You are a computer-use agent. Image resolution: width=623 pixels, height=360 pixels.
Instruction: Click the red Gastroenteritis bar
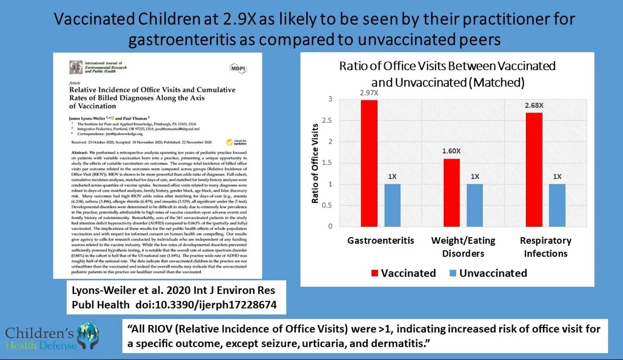(x=369, y=163)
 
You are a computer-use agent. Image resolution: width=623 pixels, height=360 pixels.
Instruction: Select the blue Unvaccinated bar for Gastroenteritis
(x=392, y=205)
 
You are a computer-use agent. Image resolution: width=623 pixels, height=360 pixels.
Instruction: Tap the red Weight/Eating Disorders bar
(x=451, y=193)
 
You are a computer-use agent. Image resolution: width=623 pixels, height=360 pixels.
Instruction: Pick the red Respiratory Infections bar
(x=534, y=170)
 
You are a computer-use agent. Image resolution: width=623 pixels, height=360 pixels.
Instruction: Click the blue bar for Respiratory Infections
(x=557, y=205)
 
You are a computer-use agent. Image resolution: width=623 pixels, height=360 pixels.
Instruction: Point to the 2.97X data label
(x=369, y=93)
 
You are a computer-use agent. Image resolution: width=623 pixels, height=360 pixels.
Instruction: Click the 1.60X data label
(x=451, y=151)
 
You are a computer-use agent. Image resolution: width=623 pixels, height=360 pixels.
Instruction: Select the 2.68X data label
(x=534, y=105)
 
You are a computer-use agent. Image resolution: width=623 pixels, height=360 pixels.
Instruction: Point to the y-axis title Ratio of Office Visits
(x=315, y=163)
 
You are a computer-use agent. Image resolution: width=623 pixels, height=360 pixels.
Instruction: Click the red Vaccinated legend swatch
(x=375, y=273)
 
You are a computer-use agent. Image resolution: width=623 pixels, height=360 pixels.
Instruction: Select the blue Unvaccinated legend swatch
(x=453, y=273)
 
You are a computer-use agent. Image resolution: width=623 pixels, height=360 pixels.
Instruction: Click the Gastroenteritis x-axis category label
(x=380, y=241)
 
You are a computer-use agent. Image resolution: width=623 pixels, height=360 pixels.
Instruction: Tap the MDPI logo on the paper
(x=238, y=68)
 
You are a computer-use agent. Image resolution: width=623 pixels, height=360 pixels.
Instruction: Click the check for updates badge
(x=236, y=142)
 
